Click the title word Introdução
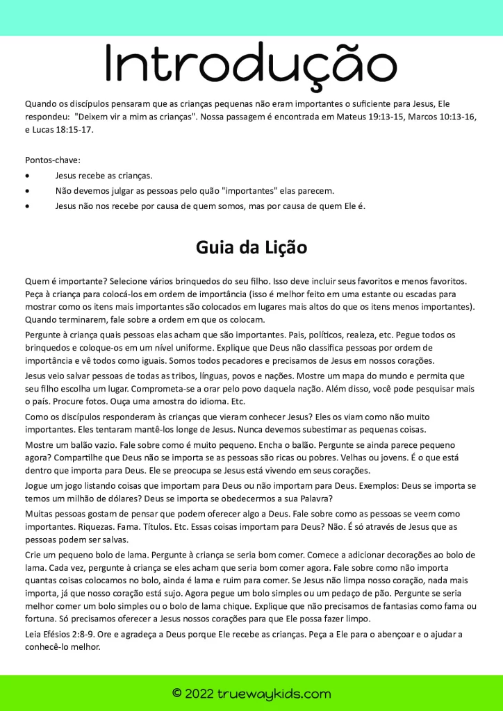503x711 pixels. pos(251,63)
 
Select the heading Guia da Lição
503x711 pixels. pos(251,247)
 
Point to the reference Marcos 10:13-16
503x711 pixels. pos(439,117)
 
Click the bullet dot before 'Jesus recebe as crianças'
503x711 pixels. pos(27,176)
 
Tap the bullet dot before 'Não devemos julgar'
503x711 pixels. pos(27,191)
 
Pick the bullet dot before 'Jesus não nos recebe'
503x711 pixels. pos(27,206)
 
